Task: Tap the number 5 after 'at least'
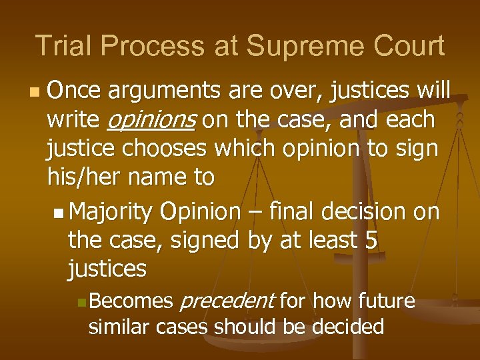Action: (371, 240)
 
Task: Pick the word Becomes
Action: (131, 301)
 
